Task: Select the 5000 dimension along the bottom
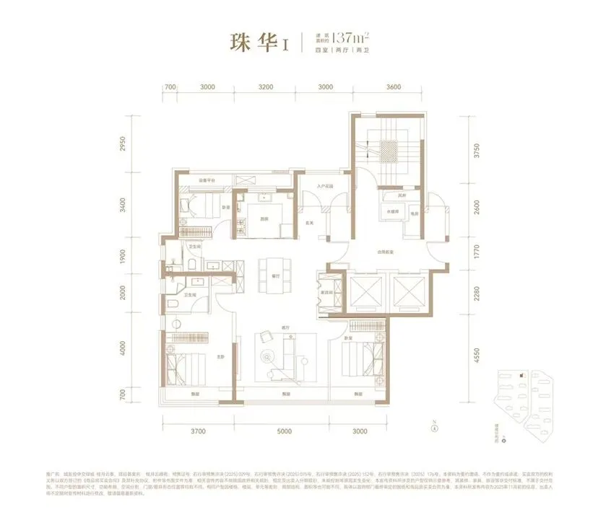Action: point(283,431)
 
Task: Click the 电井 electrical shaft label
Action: point(415,213)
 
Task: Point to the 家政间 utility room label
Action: point(326,283)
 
